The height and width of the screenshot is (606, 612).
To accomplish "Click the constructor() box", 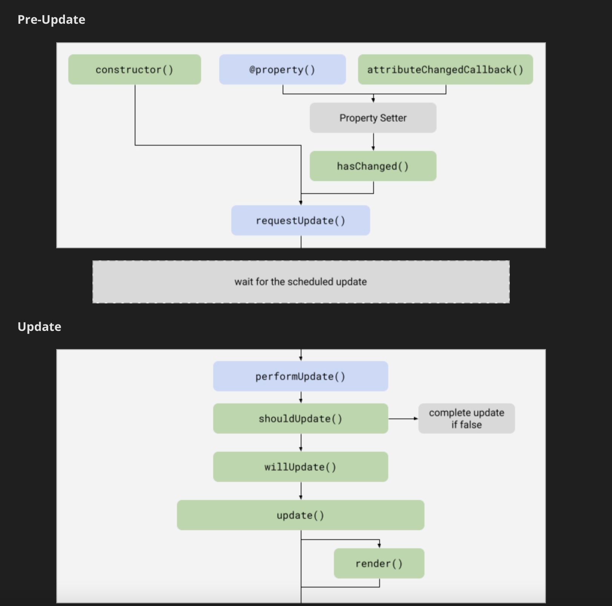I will pos(134,69).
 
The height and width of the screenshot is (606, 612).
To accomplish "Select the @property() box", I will pos(282,69).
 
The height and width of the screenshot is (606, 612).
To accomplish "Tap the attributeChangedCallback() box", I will pos(445,69).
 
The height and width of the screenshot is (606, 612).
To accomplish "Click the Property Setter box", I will pos(373,118).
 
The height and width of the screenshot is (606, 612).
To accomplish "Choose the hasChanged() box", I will pos(373,166).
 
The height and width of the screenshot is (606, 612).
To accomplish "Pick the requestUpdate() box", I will pos(300,220).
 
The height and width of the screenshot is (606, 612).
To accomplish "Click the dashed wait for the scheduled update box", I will pos(301,281).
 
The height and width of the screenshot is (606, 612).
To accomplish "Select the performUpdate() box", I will pos(300,376).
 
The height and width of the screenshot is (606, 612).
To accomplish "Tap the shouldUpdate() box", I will pos(300,418).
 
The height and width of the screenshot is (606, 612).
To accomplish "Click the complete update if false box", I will pos(466,418).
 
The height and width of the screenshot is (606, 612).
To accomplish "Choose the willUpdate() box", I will pos(300,467).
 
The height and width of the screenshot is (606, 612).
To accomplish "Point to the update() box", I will pos(300,515).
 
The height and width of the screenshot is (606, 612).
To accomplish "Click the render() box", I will pos(379,563).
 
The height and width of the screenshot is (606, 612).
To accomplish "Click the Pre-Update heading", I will pos(51,20).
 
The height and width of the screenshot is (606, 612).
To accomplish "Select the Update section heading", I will pos(39,327).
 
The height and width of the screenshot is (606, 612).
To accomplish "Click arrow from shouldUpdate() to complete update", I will pos(403,418).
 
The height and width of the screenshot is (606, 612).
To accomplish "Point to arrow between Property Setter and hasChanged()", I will pos(373,142).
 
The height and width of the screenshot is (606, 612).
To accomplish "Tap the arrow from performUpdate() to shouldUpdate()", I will pos(301,397).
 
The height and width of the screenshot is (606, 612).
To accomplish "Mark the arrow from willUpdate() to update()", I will pos(301,491).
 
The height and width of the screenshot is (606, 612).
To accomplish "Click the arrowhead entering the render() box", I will pos(379,545).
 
